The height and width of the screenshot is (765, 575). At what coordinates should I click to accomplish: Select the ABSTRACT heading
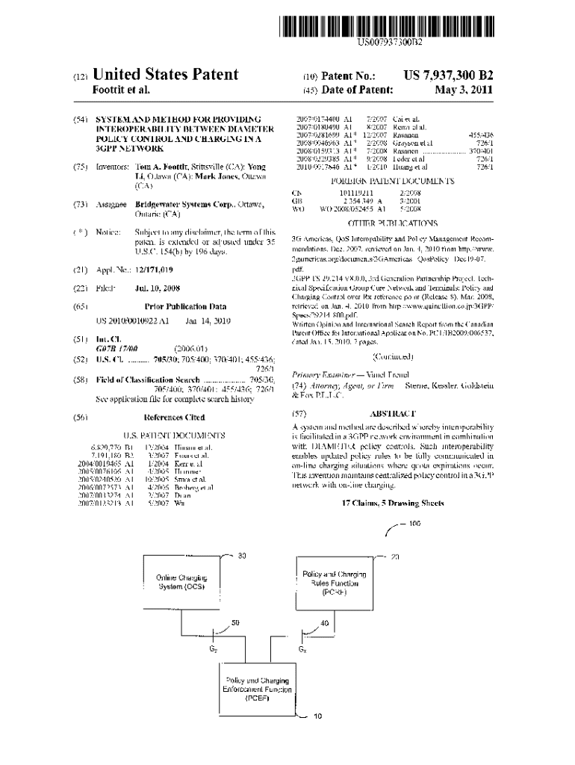393,413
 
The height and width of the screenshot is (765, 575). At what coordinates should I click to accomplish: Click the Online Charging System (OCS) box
182,583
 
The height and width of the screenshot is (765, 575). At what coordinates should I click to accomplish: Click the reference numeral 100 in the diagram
415,523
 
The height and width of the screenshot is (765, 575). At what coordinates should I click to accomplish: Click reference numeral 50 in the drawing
235,622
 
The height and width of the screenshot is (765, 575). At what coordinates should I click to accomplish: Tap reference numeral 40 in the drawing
324,623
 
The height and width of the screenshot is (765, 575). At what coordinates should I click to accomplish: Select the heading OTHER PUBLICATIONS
393,223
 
